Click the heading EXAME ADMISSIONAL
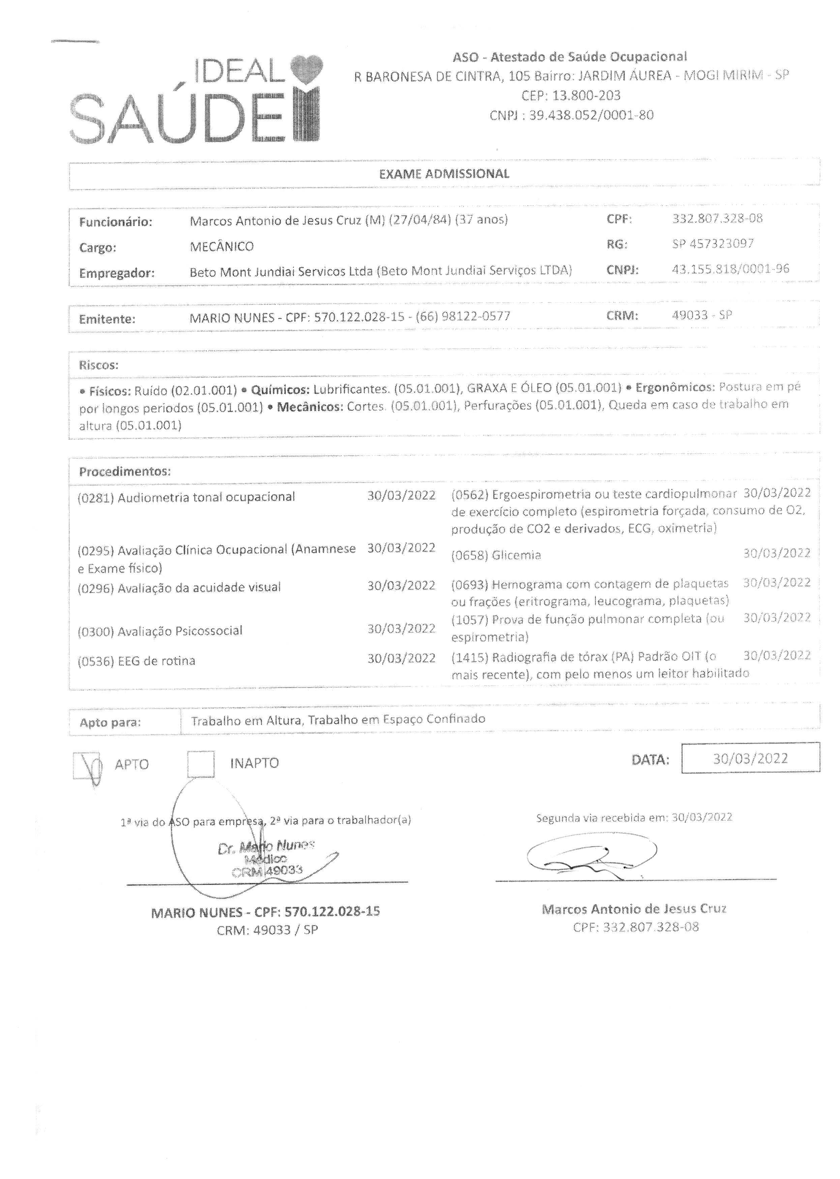(x=444, y=174)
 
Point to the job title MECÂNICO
(x=221, y=247)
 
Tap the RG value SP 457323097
(x=713, y=243)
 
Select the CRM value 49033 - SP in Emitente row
(x=701, y=315)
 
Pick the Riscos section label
(x=98, y=365)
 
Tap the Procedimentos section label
(x=124, y=471)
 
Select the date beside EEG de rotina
(x=401, y=658)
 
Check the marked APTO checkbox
(x=86, y=765)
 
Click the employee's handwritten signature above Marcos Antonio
(x=590, y=855)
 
